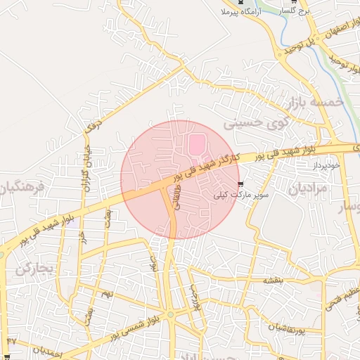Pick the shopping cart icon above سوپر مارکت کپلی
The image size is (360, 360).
tap(243, 186)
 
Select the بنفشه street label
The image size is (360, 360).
tap(272, 280)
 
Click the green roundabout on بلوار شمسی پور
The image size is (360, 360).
tap(169, 315)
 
